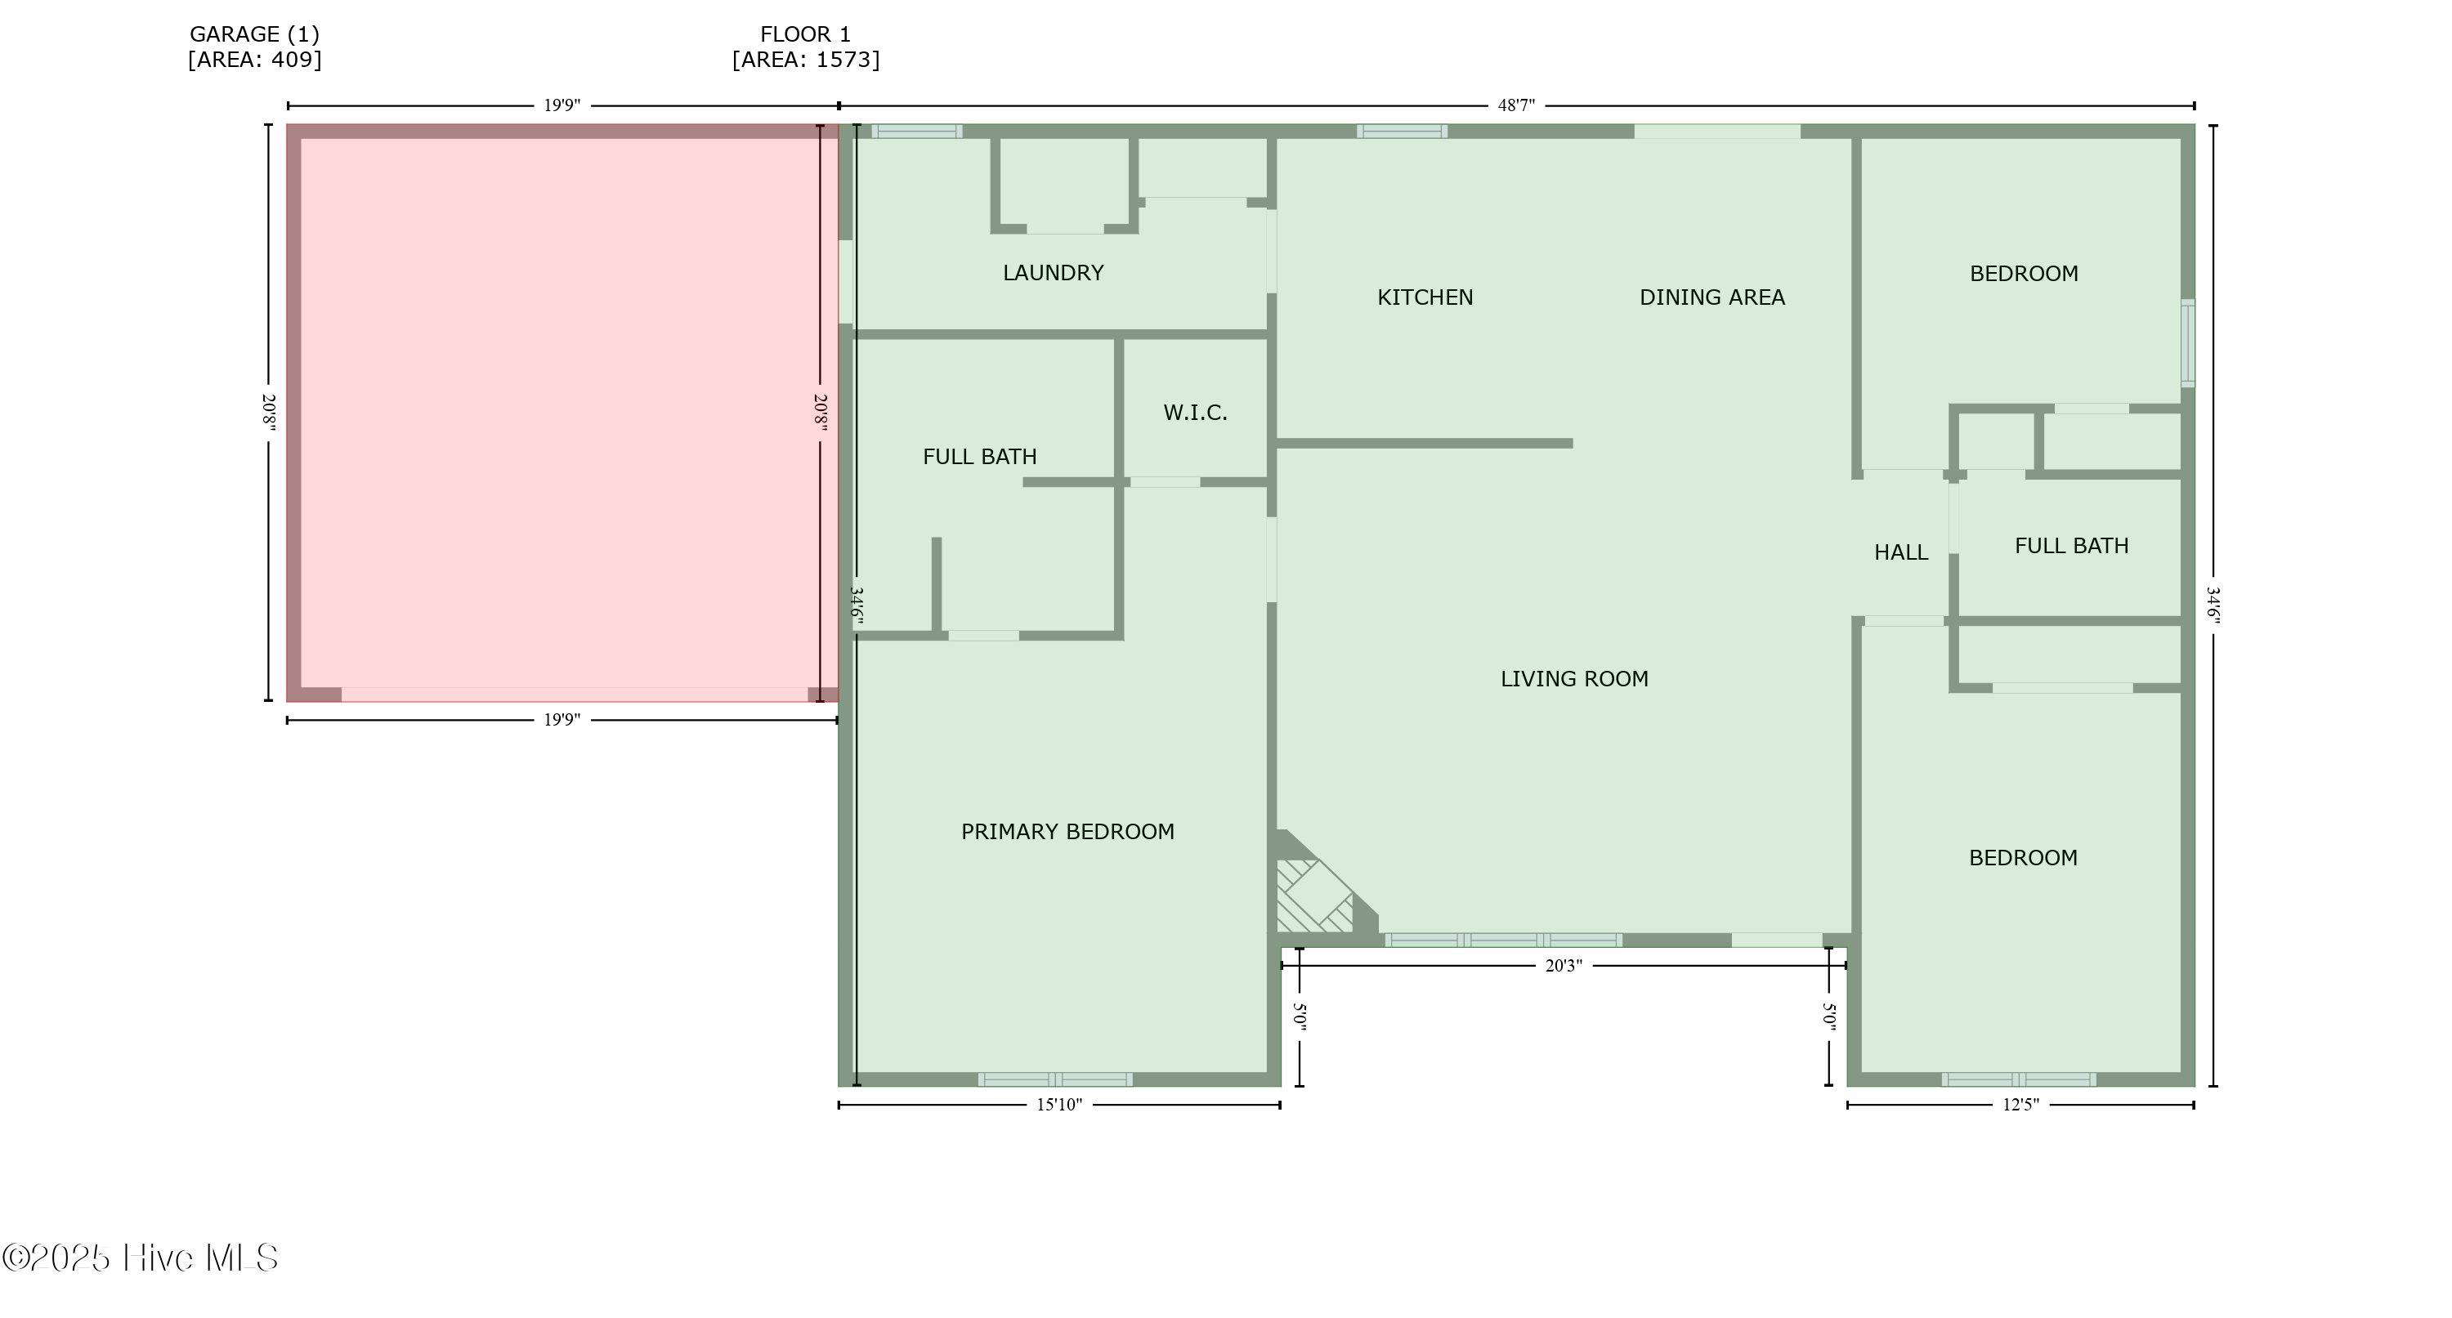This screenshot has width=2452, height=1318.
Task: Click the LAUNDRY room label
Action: point(1053,273)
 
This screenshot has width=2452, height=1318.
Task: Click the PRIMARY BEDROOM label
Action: point(1067,832)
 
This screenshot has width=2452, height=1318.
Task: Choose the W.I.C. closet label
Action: point(1195,413)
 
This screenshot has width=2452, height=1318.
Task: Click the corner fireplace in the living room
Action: point(1313,895)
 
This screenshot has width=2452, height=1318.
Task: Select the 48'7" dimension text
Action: point(1515,105)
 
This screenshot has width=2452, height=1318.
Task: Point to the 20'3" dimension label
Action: point(1562,966)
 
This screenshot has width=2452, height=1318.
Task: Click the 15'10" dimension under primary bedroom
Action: point(1058,1105)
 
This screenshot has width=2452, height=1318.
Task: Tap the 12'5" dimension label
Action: point(2020,1105)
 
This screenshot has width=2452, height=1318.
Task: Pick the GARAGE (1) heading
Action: point(254,34)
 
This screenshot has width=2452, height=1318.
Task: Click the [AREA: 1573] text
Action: point(805,60)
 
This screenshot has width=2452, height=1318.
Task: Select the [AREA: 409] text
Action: point(254,60)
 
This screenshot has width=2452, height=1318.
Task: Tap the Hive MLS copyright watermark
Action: point(140,1258)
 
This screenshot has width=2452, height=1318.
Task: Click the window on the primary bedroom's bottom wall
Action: point(1054,1079)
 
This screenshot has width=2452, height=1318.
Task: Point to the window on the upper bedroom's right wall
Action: point(2187,343)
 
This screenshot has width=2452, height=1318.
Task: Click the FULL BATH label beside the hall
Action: point(2071,546)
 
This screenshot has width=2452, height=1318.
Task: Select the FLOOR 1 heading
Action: point(805,34)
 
